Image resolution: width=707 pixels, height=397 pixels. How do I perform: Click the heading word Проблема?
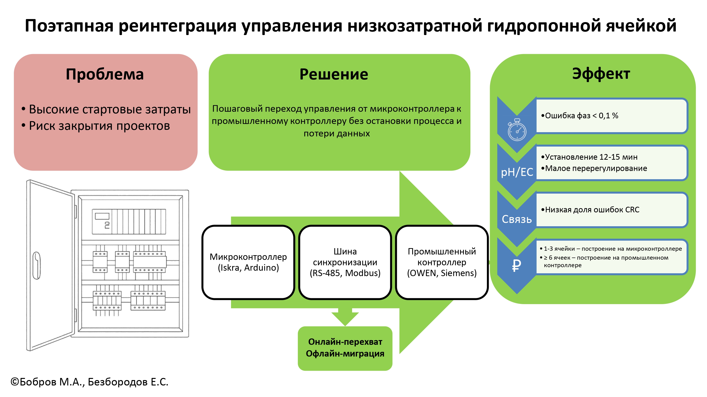coord(105,74)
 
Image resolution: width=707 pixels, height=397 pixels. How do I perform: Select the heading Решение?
coord(334,74)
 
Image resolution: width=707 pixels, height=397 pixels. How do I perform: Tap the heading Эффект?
coord(601,74)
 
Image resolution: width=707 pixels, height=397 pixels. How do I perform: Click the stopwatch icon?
coord(517,130)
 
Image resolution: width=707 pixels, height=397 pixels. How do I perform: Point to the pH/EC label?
coord(517,172)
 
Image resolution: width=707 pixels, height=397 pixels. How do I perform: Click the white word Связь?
coord(517,219)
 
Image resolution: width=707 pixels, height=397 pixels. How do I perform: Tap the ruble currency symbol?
coord(517,265)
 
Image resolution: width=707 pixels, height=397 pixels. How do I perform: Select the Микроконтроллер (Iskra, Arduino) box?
coord(248,262)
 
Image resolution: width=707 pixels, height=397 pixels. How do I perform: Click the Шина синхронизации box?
coord(345,262)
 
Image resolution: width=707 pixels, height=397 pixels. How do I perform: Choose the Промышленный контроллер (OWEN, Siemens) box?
coord(442,262)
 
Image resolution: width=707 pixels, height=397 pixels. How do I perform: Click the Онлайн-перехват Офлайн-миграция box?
coord(345,348)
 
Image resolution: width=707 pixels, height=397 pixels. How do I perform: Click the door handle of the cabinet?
coord(37,266)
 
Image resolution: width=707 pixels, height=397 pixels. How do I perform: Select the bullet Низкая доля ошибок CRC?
coord(590,210)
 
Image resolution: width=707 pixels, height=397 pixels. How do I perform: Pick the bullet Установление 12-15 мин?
coord(589,157)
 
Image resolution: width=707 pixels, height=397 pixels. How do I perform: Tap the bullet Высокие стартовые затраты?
coord(106,109)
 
